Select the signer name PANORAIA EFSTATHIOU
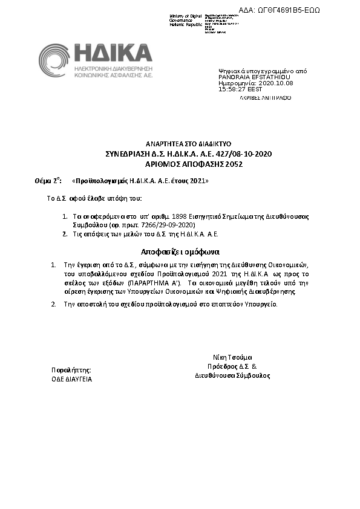point(254,77)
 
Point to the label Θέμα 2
point(48,181)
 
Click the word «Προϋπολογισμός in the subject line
point(100,181)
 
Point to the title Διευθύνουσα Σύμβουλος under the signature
point(232,375)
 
